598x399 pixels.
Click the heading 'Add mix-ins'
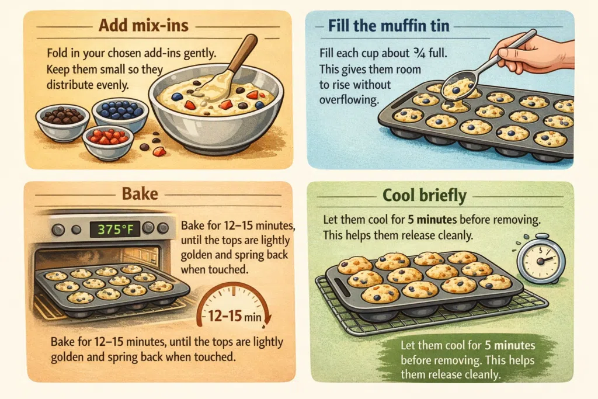click(x=144, y=26)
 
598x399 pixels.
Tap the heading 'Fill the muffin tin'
click(x=388, y=26)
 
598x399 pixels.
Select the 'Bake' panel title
click(x=140, y=194)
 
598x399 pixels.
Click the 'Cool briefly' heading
click(x=425, y=195)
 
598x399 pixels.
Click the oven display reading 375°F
click(x=115, y=229)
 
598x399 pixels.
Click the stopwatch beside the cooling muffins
click(x=541, y=259)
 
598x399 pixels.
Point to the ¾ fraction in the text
click(x=419, y=53)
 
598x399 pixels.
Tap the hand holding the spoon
click(x=534, y=54)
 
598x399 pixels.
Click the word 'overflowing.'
click(x=349, y=100)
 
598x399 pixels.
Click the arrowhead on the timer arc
click(x=267, y=319)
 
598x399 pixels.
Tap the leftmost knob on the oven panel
click(x=58, y=230)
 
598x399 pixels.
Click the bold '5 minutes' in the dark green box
click(x=510, y=346)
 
